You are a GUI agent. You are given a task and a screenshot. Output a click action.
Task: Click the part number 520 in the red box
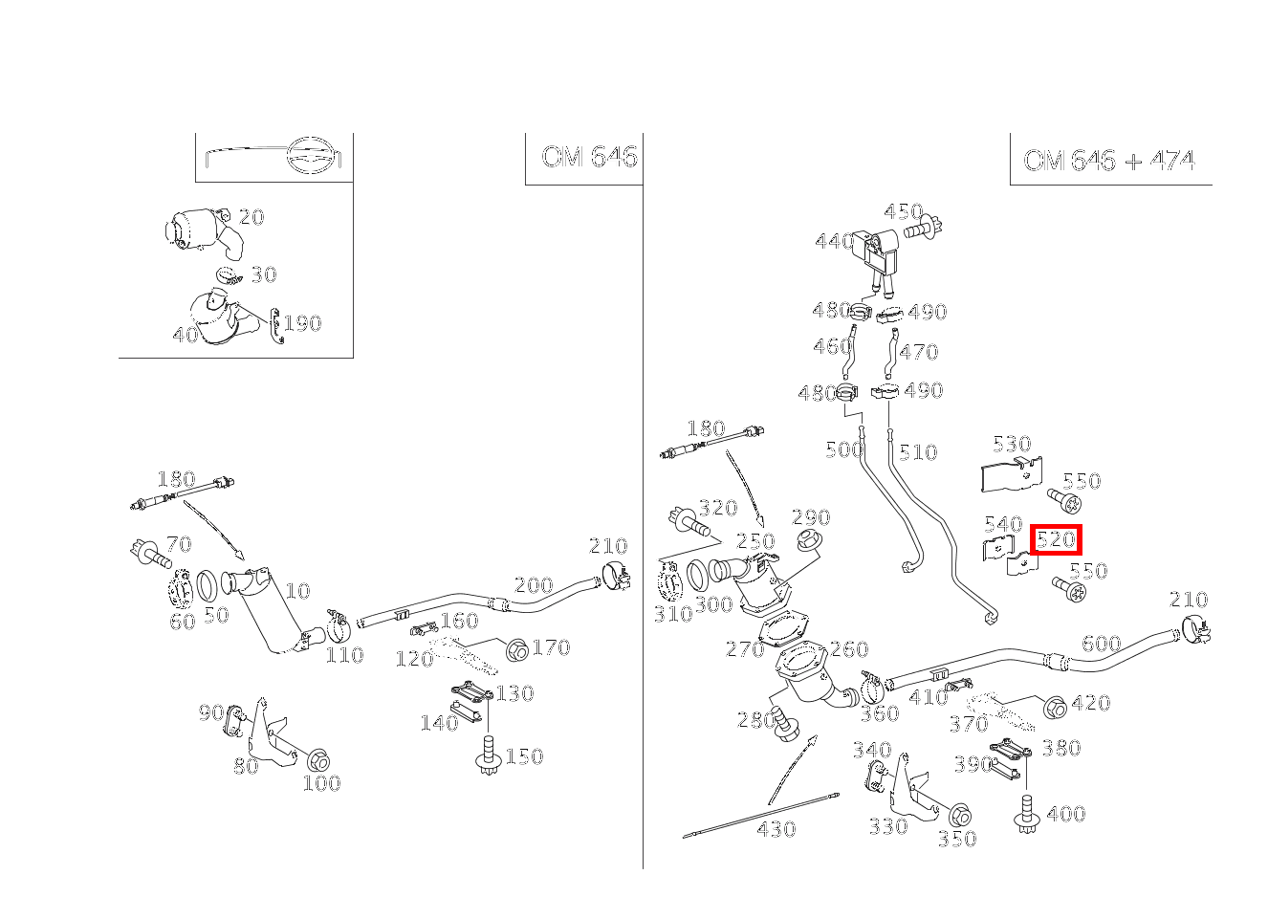(x=1056, y=539)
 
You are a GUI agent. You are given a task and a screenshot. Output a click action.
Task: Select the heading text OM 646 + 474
(x=1108, y=160)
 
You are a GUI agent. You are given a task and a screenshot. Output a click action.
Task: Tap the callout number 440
(x=834, y=242)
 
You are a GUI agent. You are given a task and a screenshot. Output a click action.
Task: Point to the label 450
(x=903, y=211)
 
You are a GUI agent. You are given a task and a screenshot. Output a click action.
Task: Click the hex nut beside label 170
(x=516, y=649)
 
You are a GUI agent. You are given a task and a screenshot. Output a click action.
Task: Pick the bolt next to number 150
(x=489, y=756)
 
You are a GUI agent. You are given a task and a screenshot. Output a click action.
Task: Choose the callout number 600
(x=1101, y=644)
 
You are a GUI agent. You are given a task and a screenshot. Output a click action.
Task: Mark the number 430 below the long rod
(x=776, y=828)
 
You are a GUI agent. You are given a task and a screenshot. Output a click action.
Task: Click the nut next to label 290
(x=810, y=542)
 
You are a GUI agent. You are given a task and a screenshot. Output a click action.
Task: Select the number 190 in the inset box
(x=302, y=323)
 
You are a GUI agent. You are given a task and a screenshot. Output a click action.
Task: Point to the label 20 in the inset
(x=251, y=217)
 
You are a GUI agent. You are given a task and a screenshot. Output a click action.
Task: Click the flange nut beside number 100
(x=318, y=760)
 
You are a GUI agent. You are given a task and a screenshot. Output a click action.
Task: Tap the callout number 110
(x=343, y=655)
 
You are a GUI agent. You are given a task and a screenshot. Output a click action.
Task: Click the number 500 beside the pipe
(x=843, y=449)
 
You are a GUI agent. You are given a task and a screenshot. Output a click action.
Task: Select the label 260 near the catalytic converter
(x=848, y=649)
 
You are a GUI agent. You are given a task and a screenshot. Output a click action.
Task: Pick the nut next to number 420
(x=1054, y=708)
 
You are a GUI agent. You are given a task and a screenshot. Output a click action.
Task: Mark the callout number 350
(x=956, y=839)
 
